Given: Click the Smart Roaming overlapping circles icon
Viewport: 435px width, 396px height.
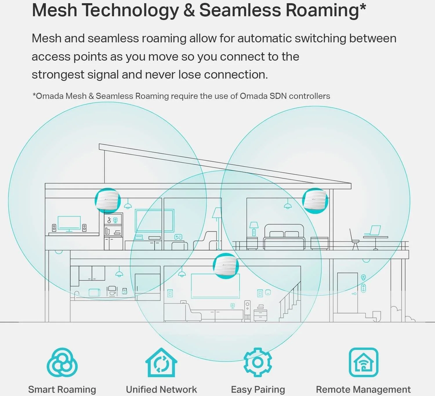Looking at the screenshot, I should point(62,362).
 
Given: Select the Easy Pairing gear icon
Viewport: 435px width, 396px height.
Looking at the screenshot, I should point(258,362).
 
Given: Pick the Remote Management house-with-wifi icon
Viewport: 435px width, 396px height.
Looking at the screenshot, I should point(363,362).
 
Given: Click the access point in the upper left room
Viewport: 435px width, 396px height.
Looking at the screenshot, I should point(108,200).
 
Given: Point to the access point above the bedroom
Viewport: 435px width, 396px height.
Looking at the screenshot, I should point(315,201).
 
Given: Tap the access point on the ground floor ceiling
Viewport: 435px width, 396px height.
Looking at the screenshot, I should point(226,266).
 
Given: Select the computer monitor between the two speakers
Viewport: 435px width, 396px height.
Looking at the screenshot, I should point(69,224).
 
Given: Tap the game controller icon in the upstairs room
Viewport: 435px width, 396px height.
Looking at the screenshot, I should point(178,237).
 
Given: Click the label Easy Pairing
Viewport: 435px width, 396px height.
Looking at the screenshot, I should point(258,389).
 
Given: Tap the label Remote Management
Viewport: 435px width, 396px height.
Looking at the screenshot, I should point(363,389).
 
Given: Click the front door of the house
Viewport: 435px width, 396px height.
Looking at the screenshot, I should point(347,293).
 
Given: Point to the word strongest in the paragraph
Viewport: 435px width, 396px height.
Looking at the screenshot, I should point(58,75).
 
